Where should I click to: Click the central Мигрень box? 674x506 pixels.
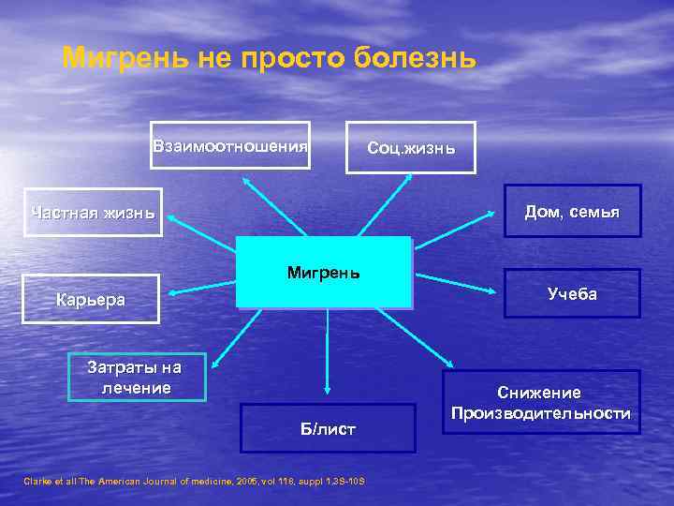tap(324, 273)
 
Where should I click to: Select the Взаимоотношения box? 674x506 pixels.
tap(230, 145)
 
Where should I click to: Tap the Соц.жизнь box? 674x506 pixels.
tap(411, 148)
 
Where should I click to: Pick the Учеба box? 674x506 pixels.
tap(572, 294)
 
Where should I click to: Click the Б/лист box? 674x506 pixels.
tap(327, 428)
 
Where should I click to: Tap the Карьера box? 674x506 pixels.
tap(91, 300)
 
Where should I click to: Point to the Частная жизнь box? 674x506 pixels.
tap(93, 212)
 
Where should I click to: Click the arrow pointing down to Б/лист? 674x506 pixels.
tap(327, 351)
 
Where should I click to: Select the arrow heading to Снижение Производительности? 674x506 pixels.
tap(417, 338)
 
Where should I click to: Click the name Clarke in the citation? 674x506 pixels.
tap(37, 481)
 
